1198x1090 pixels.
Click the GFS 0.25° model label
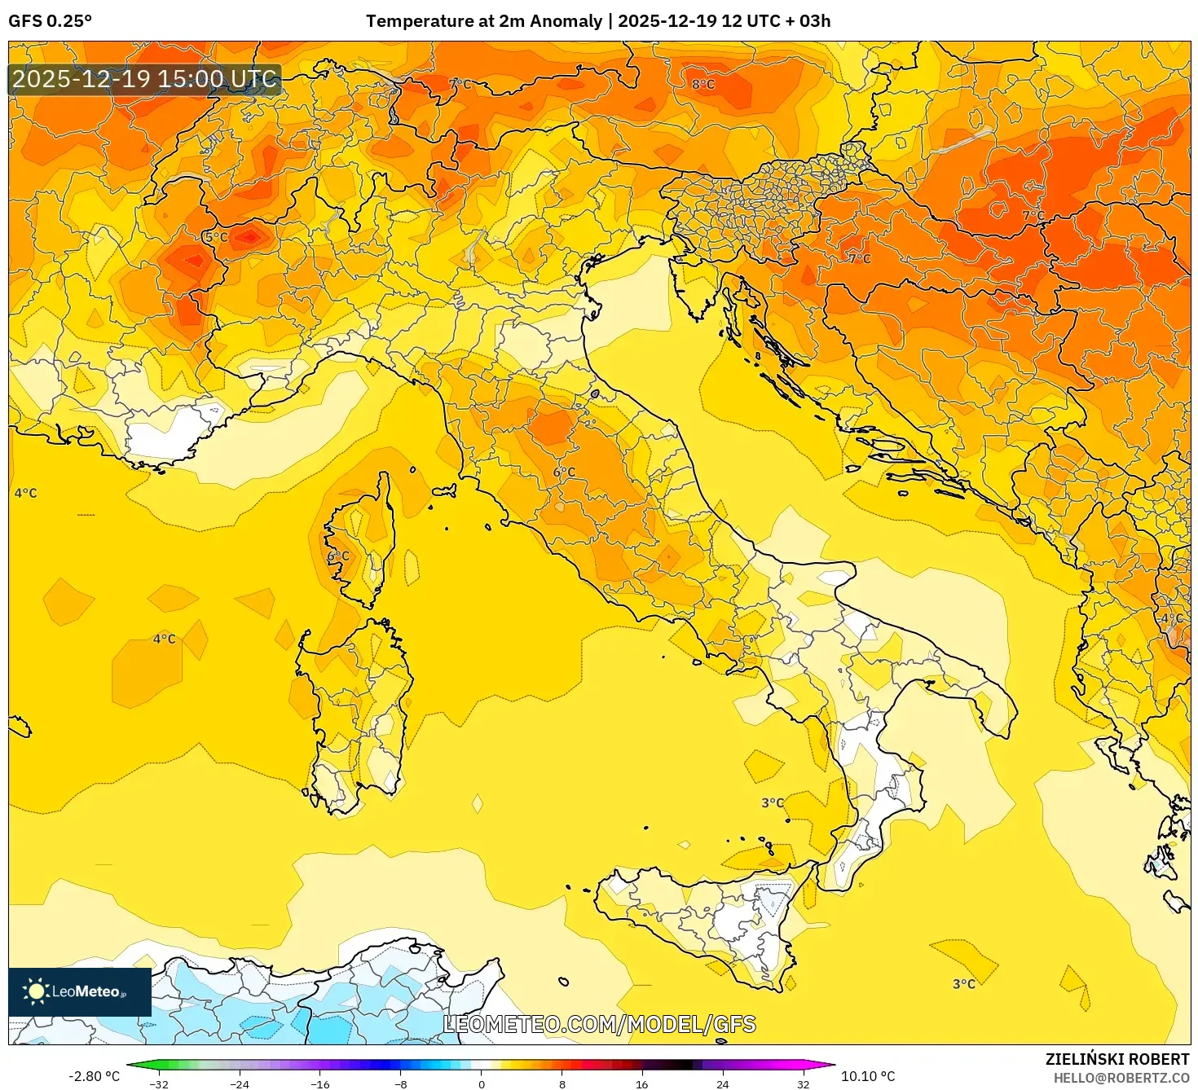51,21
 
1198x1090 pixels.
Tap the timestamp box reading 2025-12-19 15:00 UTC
145,80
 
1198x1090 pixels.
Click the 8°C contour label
703,84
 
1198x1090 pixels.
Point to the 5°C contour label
216,237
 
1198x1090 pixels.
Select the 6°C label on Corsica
337,556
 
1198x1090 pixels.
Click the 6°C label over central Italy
564,472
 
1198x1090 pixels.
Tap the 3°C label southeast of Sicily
964,984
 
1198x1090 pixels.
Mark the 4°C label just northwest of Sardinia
164,639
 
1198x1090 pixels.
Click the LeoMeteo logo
80,991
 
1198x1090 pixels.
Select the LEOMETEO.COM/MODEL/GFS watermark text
599,1024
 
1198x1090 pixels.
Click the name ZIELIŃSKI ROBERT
1117,1059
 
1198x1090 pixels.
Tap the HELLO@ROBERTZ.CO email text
1121,1078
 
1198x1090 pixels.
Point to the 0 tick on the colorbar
482,1083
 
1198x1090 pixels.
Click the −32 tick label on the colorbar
159,1083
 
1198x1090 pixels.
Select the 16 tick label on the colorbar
642,1083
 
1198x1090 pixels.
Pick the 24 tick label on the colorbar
722,1083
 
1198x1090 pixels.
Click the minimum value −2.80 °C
94,1076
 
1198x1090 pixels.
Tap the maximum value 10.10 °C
867,1076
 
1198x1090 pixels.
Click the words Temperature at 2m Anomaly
484,21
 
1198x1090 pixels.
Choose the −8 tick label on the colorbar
401,1083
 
